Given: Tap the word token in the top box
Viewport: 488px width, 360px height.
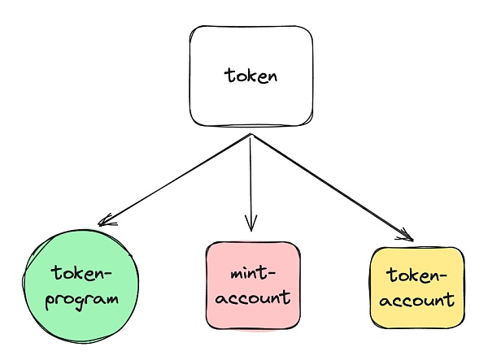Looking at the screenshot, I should pos(251,77).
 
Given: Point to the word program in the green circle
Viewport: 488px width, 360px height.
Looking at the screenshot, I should pos(82,298).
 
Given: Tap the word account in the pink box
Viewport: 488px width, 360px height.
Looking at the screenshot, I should pos(251,297).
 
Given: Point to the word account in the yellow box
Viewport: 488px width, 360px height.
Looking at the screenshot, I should pos(418,300).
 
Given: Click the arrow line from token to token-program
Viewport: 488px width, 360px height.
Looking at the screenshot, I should pos(175,180).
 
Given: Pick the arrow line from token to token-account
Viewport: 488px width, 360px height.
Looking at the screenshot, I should pos(329,186).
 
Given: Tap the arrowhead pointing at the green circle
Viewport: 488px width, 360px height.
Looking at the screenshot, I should pos(102,223).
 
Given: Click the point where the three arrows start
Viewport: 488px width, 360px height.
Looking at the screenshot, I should pos(251,136).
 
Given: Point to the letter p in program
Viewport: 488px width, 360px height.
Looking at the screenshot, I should pos(50,301).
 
